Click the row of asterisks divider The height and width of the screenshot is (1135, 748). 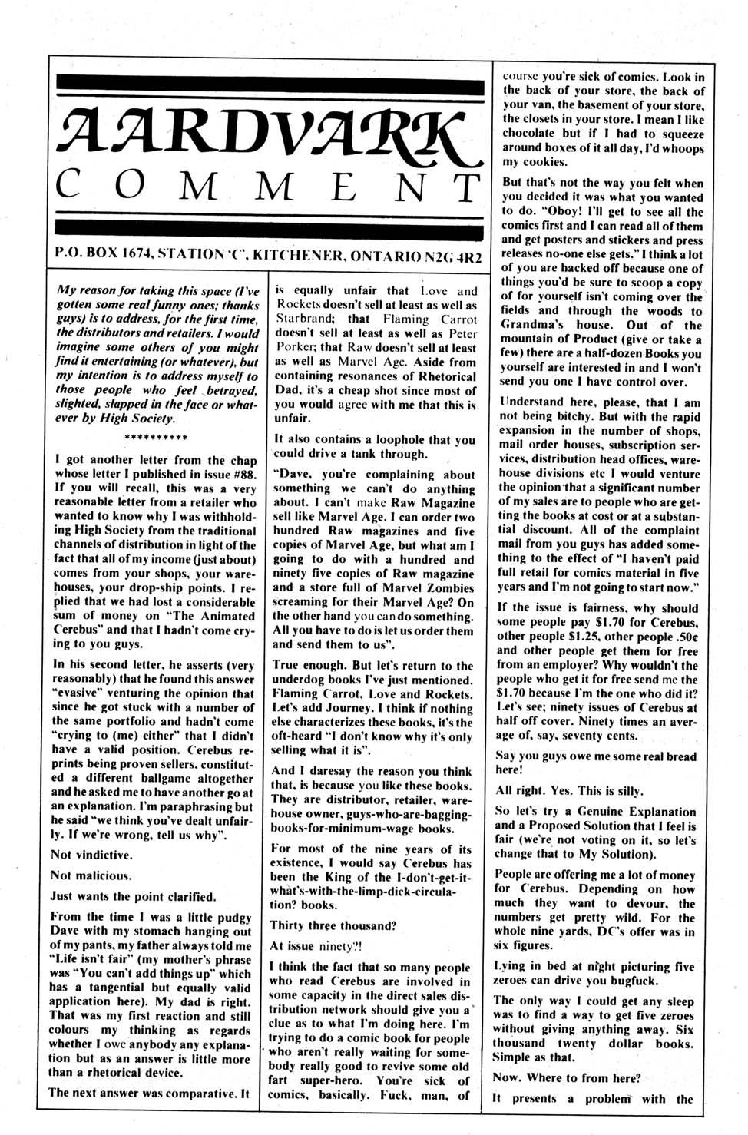click(x=156, y=439)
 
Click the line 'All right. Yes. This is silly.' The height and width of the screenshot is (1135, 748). click(x=569, y=791)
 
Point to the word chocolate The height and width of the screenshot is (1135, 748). click(x=533, y=134)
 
